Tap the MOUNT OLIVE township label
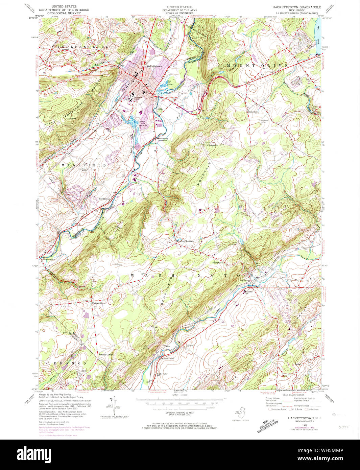point(258,65)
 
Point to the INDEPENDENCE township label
point(83,46)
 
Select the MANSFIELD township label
point(83,165)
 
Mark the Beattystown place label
point(105,199)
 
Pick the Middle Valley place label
point(168,359)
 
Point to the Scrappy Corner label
point(105,355)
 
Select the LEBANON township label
point(66,363)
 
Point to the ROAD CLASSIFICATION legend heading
point(294,395)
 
